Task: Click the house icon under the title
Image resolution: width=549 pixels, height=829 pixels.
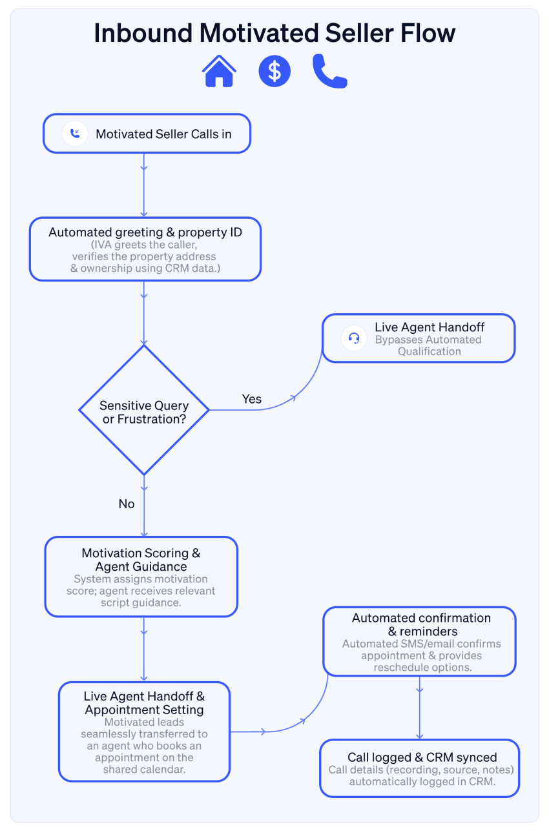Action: pos(219,71)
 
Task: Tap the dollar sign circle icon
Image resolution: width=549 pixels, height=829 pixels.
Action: pos(274,71)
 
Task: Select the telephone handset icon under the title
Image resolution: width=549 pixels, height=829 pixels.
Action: pos(329,71)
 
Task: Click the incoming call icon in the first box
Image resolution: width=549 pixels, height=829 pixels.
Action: pos(75,134)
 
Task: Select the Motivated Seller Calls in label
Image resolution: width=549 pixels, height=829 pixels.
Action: pos(163,134)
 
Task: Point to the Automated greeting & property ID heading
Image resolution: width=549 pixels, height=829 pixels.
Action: pos(145,232)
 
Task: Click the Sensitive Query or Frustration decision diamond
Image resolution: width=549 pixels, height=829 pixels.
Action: pos(144,411)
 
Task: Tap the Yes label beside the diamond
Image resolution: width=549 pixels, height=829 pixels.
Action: pos(251,399)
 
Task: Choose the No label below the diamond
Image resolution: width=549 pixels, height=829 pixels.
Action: pos(127,504)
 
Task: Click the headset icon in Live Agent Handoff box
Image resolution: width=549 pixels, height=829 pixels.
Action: pos(354,338)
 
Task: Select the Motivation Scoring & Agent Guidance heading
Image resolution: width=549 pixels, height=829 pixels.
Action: pos(141,560)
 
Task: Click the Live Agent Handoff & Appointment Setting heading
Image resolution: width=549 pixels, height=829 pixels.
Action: pos(144,703)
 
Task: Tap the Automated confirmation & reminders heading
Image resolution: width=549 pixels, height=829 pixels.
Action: pos(421,624)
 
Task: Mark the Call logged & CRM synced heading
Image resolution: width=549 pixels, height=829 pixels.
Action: pos(422,757)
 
